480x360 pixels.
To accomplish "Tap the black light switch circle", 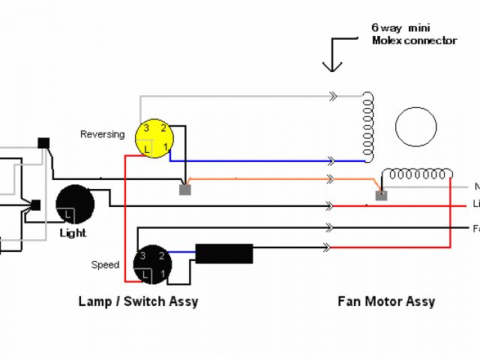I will (75, 205).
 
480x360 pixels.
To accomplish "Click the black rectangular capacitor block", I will (223, 253).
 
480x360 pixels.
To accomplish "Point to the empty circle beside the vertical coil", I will (415, 127).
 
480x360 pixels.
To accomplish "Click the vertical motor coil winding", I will (367, 127).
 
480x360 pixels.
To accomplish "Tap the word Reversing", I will (102, 134).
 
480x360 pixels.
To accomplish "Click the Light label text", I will (73, 233).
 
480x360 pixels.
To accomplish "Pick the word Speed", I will (105, 265).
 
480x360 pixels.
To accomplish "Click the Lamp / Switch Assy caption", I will (138, 301).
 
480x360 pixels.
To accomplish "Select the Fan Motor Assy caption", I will (386, 301).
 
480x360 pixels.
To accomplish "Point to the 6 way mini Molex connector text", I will (413, 34).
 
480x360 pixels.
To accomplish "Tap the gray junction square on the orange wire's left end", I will (184, 190).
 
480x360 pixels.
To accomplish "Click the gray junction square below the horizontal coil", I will (381, 196).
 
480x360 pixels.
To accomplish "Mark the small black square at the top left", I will (43, 143).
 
